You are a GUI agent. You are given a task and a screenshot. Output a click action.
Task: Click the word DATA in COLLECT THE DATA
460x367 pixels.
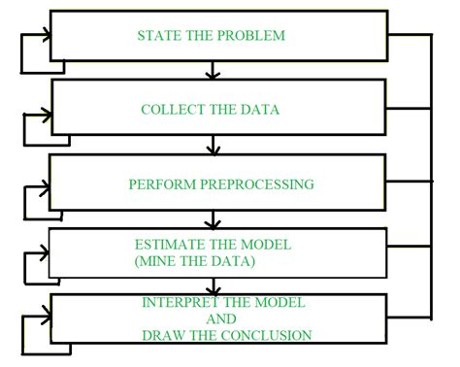click(x=261, y=110)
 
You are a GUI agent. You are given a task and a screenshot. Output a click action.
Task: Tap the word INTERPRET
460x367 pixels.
click(x=179, y=303)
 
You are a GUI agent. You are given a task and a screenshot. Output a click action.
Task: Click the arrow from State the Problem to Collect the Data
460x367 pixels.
click(x=212, y=71)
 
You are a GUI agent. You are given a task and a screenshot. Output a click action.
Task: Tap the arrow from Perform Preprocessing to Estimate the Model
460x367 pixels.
click(x=212, y=218)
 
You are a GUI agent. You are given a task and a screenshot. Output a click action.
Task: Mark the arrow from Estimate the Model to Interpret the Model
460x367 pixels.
click(x=212, y=286)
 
